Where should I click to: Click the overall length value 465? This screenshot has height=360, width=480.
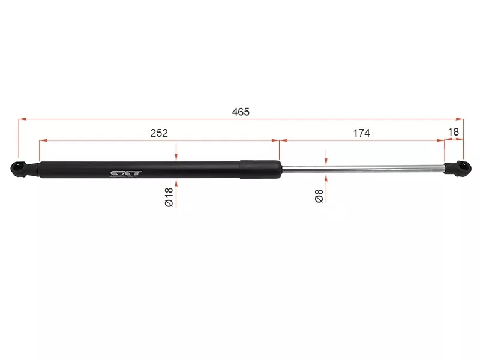(240, 112)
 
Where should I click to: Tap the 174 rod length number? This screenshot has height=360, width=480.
(361, 133)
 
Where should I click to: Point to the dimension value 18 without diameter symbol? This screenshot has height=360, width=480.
(454, 131)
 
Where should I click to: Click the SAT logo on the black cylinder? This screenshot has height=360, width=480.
(126, 175)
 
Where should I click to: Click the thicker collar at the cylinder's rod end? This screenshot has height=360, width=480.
(259, 169)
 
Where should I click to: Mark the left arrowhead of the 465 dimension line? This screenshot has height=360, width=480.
(22, 119)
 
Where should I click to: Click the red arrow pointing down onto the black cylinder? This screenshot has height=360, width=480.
(176, 156)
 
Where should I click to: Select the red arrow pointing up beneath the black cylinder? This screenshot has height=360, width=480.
(176, 182)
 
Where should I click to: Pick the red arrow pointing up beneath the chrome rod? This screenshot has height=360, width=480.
(325, 178)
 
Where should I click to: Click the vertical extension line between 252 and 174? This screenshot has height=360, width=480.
(280, 150)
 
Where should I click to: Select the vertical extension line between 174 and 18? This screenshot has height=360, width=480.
(445, 150)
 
